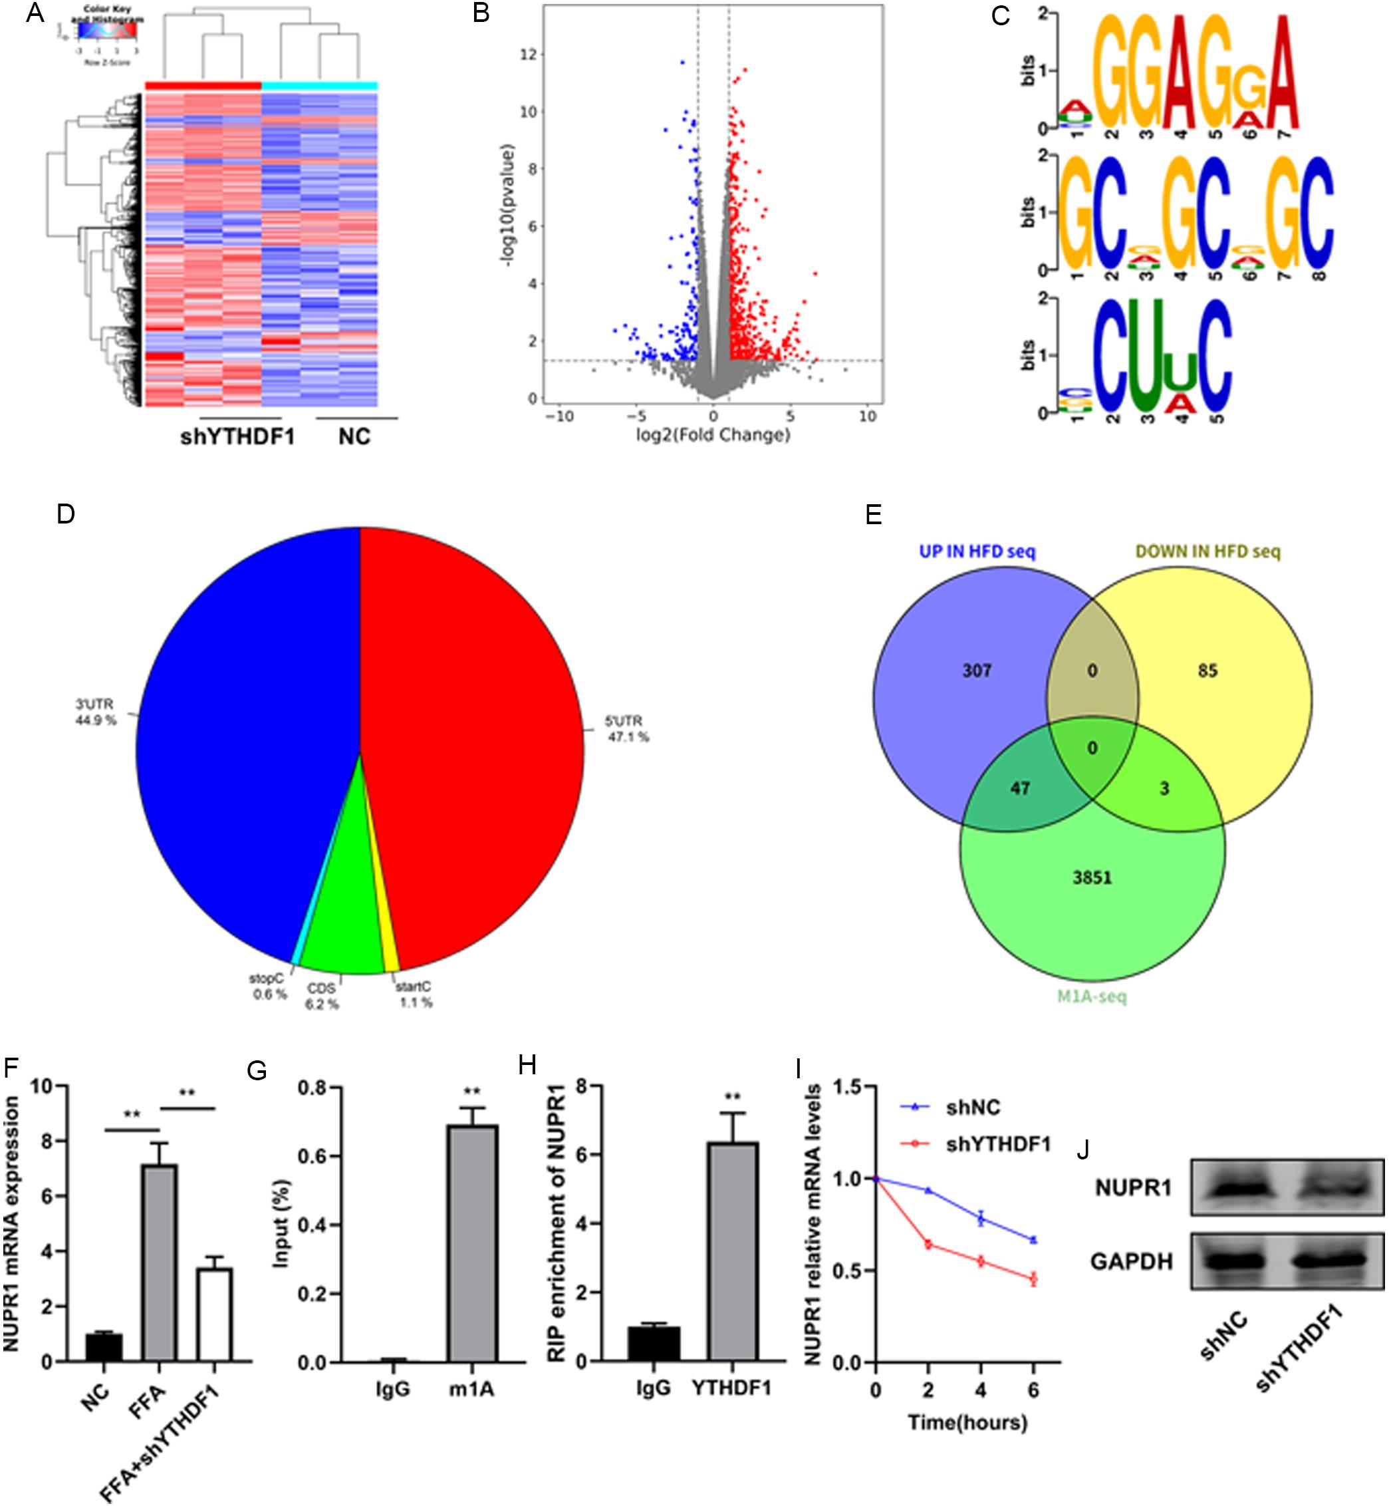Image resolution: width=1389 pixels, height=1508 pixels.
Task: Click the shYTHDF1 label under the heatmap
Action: [x=237, y=437]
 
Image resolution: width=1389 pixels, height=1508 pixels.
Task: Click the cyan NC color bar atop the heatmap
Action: [x=318, y=86]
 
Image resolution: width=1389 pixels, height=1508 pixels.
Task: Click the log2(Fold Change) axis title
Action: [x=713, y=434]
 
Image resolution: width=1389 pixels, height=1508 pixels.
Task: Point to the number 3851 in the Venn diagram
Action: [x=1092, y=877]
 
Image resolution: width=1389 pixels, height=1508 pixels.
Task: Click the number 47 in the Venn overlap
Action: [x=1020, y=788]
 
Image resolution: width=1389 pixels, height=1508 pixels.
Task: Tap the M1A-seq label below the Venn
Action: [x=1091, y=998]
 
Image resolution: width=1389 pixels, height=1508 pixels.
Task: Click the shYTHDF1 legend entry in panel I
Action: [x=997, y=1144]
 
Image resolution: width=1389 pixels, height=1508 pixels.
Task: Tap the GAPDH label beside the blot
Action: [x=1131, y=1261]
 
